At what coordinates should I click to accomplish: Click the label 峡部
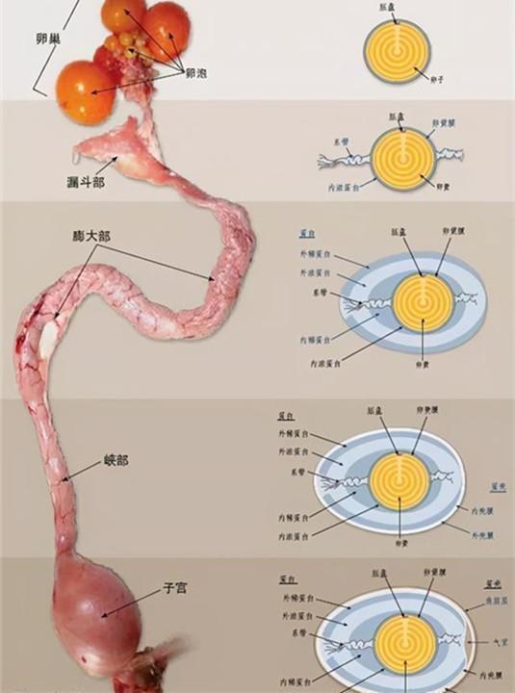(x=116, y=460)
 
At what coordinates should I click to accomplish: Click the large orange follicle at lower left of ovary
(x=88, y=91)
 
